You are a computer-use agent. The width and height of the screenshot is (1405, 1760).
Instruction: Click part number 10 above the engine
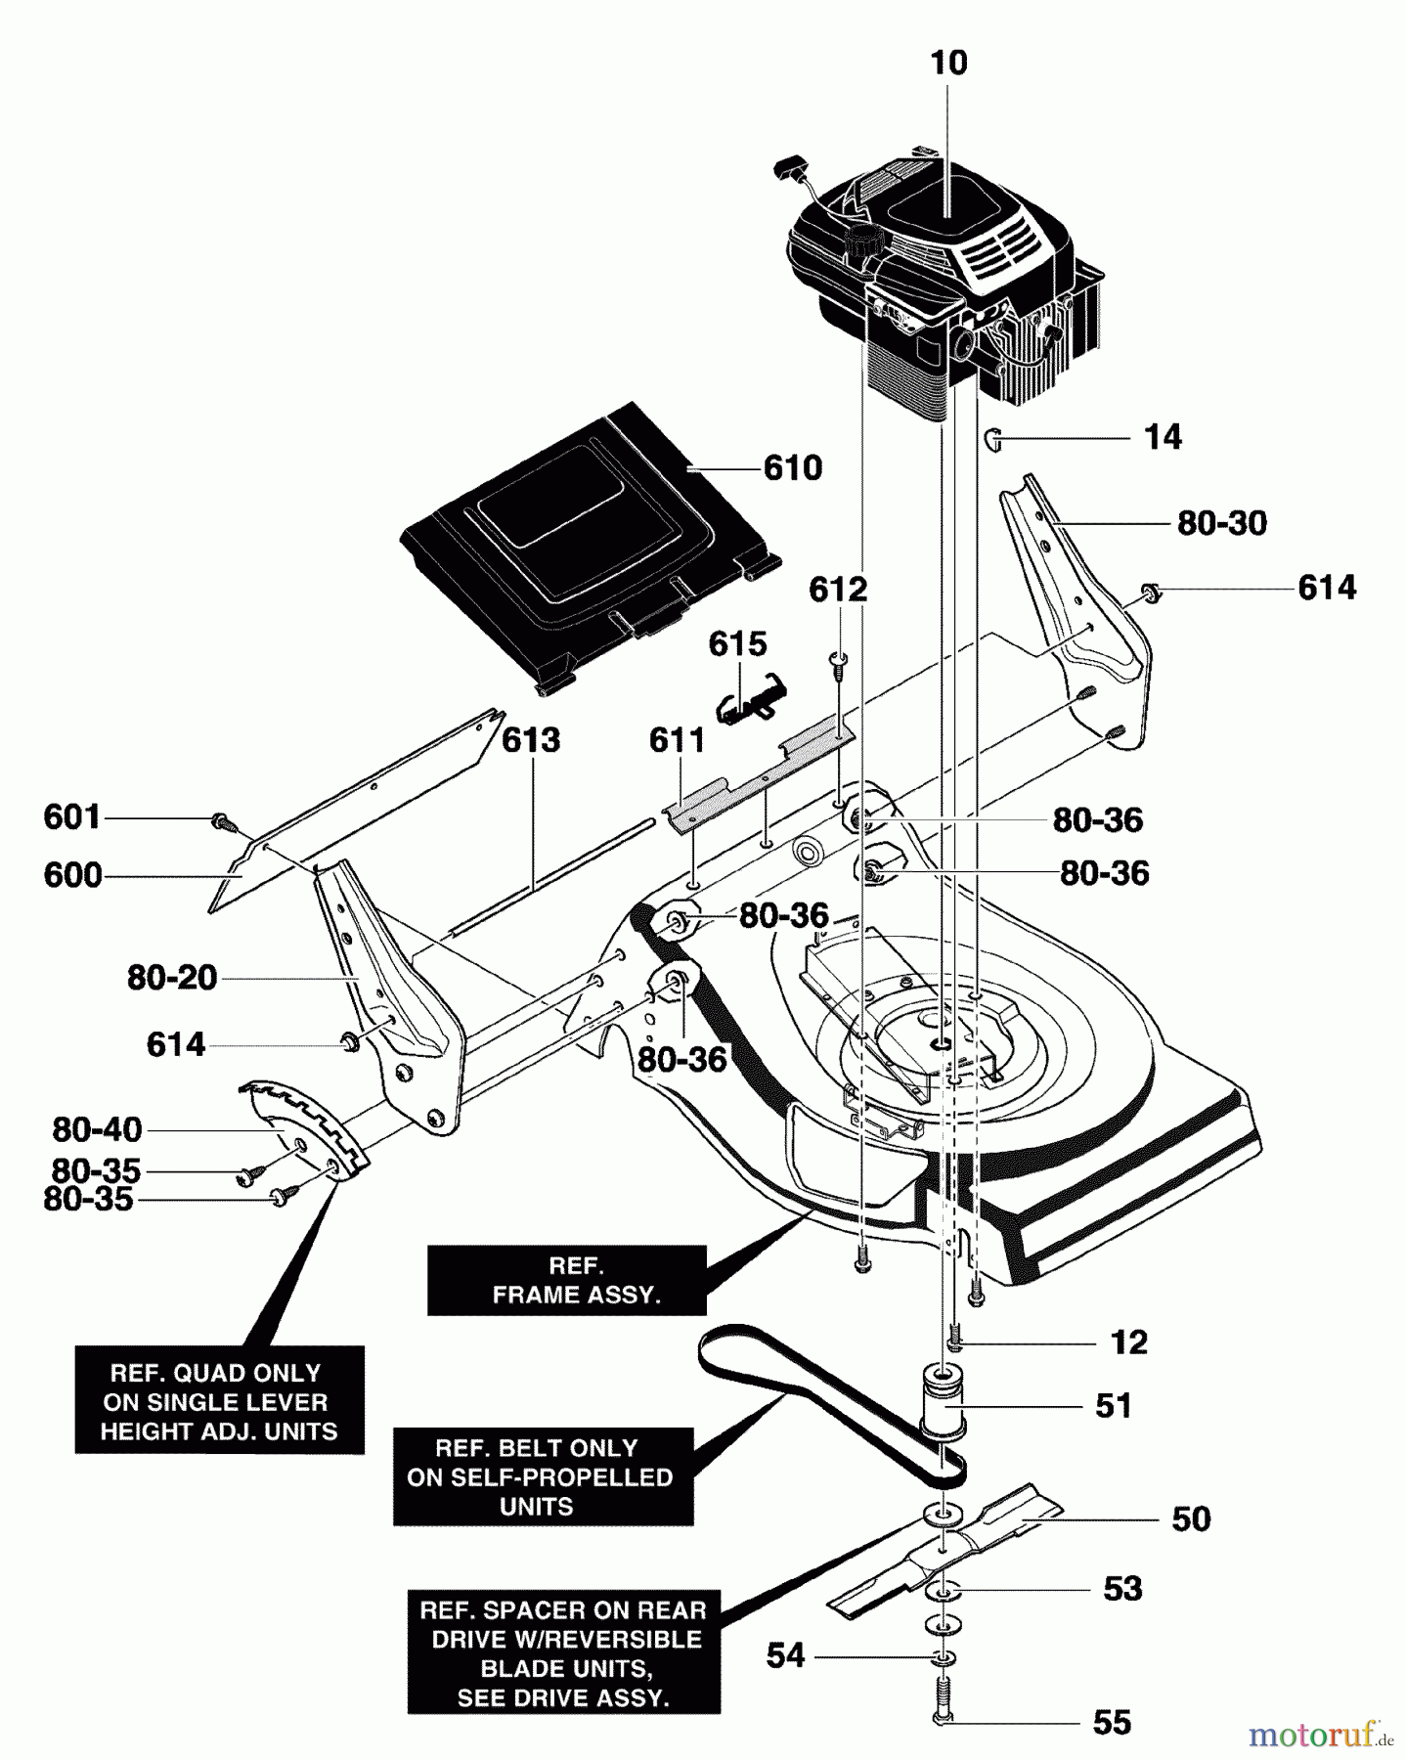point(948,64)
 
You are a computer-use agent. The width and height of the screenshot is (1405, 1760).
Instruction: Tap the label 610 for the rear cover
point(793,468)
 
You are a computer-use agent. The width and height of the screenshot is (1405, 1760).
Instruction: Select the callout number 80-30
point(1221,524)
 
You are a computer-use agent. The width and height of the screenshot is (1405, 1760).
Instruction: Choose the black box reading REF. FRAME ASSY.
point(567,1280)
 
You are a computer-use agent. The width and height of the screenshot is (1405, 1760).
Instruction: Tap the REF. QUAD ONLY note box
point(219,1401)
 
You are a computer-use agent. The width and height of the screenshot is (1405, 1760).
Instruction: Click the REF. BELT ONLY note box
point(542,1476)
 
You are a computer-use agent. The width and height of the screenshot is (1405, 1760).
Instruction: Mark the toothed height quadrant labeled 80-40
point(303,1124)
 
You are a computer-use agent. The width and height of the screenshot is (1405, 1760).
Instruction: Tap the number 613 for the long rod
point(530,740)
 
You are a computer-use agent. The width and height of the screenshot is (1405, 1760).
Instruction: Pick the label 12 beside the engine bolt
point(1128,1342)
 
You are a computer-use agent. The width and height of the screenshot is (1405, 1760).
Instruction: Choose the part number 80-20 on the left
point(172,978)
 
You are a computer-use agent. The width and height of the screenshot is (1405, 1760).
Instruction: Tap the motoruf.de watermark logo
point(1320,1734)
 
